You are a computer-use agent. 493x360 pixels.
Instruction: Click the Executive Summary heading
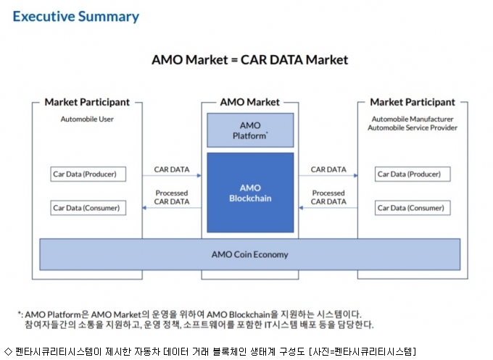click(x=76, y=17)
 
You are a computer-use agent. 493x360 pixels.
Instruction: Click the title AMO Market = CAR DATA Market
click(x=250, y=59)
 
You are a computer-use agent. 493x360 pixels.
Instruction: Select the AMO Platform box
click(x=250, y=130)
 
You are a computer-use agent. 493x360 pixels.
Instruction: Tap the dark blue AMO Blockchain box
click(x=250, y=193)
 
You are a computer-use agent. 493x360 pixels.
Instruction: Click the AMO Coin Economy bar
click(x=250, y=254)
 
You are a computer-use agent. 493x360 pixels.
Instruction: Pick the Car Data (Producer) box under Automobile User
click(x=88, y=174)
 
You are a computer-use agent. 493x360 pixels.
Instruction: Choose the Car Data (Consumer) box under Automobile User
click(x=88, y=208)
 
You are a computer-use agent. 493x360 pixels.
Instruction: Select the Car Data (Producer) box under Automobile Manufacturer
click(x=413, y=174)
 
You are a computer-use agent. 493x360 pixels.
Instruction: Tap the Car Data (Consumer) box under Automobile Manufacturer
click(x=413, y=208)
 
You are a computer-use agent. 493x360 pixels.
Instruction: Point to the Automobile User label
click(x=87, y=119)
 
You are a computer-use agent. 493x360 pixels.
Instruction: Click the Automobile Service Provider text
click(x=413, y=128)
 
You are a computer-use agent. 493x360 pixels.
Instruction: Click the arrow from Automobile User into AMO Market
click(x=172, y=175)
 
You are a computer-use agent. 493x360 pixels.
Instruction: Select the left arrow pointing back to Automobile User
click(x=172, y=208)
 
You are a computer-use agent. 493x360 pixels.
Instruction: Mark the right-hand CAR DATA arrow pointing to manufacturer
click(x=328, y=175)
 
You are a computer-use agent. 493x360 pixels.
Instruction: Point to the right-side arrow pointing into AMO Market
click(x=328, y=208)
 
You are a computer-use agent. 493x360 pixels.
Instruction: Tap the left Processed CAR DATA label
click(x=172, y=197)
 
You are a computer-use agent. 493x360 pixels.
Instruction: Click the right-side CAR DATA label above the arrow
click(x=328, y=169)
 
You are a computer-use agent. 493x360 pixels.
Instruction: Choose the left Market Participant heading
click(x=87, y=102)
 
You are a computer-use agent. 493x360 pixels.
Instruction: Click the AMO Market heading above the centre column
click(x=250, y=102)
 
